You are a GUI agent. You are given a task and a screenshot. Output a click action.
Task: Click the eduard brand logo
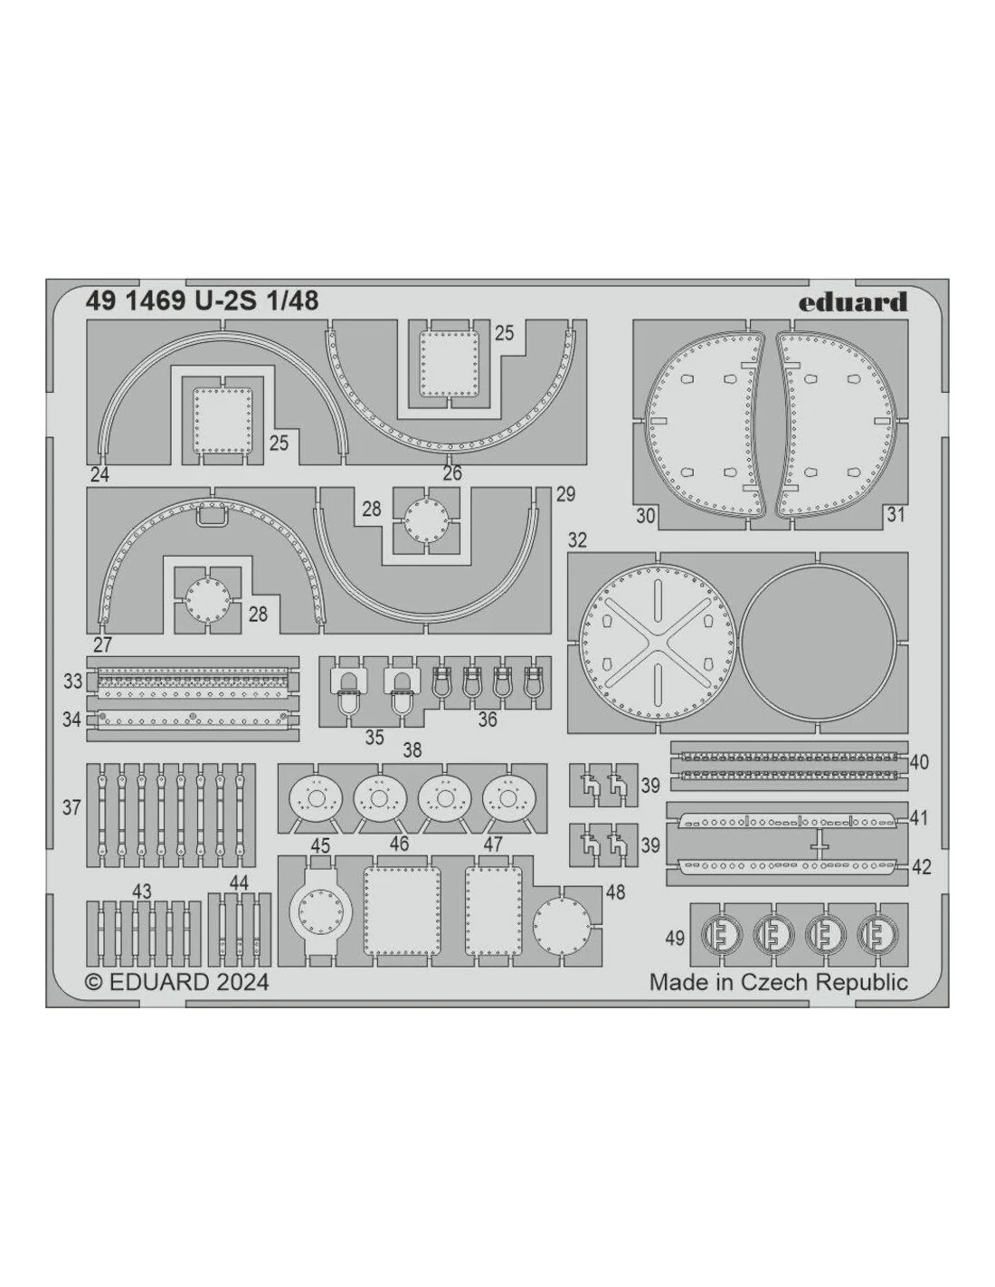tap(852, 302)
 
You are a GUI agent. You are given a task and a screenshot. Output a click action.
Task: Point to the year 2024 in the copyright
tap(242, 982)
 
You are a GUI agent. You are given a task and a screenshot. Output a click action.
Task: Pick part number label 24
tap(100, 474)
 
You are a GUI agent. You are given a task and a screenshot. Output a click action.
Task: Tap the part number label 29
tap(566, 494)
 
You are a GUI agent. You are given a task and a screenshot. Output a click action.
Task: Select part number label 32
tap(577, 540)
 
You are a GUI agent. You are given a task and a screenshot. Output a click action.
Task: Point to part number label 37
tap(71, 807)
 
